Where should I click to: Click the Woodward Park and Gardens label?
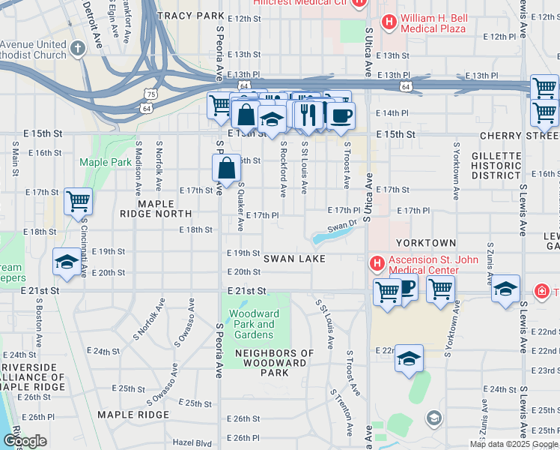[252, 325]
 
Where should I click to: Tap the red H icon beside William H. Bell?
[389, 22]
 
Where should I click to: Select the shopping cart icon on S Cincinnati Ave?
[78, 202]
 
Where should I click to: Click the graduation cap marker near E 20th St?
[67, 263]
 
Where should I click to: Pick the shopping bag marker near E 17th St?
[226, 170]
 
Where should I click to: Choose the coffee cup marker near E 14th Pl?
[341, 115]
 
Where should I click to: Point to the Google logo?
[25, 441]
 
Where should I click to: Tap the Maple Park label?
[95, 162]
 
